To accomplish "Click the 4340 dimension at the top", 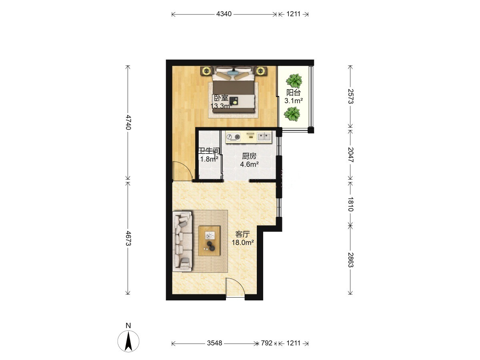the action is click(224, 14).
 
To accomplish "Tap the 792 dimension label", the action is click(266, 343).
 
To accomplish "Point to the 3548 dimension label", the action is click(214, 343).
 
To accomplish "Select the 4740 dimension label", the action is click(128, 122).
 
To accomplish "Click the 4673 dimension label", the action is click(128, 238).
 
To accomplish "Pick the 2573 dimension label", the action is click(350, 96).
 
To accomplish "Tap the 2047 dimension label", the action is click(350, 154).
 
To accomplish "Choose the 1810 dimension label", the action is click(350, 204).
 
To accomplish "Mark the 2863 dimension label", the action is click(350, 260).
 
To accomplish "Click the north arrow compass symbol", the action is click(128, 341).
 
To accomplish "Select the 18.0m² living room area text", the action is click(243, 242).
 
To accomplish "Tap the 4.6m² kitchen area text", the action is click(249, 164).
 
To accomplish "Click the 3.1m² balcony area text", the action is click(294, 101).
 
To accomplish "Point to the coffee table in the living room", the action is click(209, 241).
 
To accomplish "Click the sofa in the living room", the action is click(182, 241).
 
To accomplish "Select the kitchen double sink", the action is click(264, 137).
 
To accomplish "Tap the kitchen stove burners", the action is click(233, 137).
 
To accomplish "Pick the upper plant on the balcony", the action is click(294, 81).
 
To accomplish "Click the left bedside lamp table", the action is click(206, 71).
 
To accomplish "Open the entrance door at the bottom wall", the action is click(235, 288).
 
